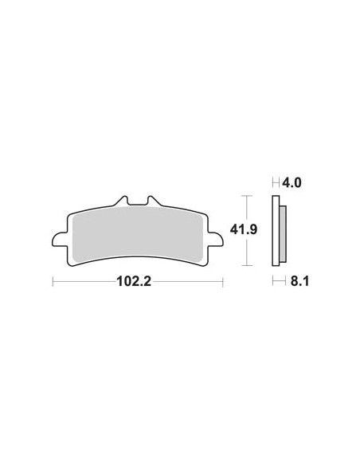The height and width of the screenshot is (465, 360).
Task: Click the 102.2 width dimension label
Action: (x=138, y=281)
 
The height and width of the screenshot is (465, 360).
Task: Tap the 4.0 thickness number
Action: (x=292, y=182)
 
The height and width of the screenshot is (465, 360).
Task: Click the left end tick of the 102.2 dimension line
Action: (x=53, y=281)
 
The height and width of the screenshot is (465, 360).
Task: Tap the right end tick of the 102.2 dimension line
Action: (x=223, y=281)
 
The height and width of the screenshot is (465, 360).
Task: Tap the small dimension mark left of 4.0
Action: (x=276, y=182)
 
